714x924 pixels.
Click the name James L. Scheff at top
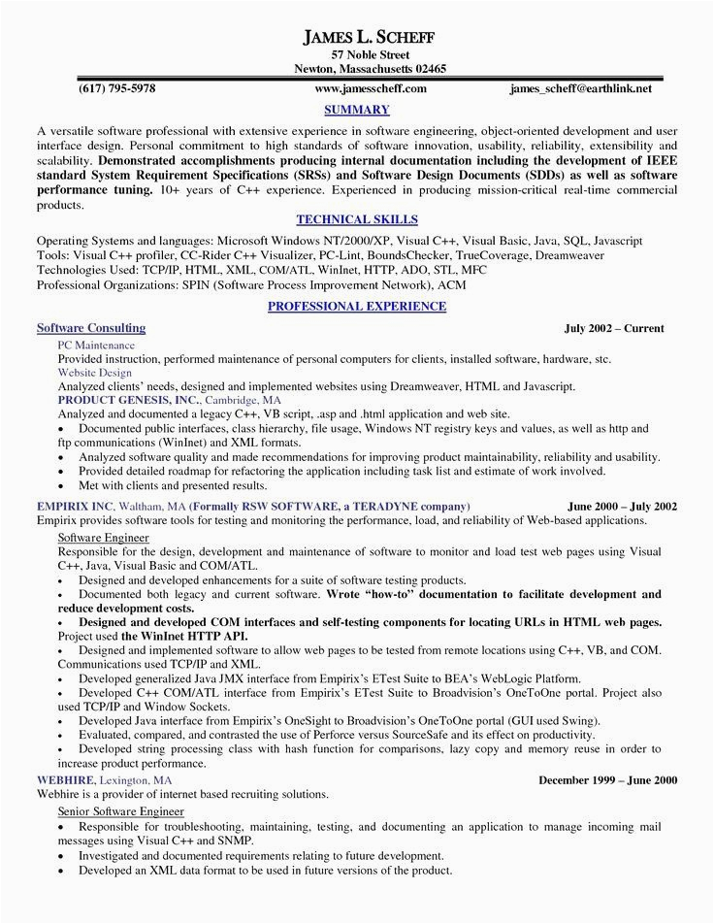[370, 37]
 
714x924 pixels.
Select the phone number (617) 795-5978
[116, 88]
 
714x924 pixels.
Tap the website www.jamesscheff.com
[371, 88]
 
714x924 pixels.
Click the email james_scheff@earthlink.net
[581, 88]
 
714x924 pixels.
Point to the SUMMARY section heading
[357, 110]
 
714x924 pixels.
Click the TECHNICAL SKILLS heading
[357, 220]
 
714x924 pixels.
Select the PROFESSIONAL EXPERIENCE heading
[357, 306]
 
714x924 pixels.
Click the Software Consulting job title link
[91, 328]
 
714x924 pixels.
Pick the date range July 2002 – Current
[614, 329]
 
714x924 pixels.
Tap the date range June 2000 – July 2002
[622, 506]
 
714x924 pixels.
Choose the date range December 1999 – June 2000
[608, 779]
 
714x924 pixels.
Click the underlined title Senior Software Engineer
[121, 809]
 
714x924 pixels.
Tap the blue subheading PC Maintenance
[96, 345]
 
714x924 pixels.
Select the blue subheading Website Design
[94, 372]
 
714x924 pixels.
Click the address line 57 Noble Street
[370, 54]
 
